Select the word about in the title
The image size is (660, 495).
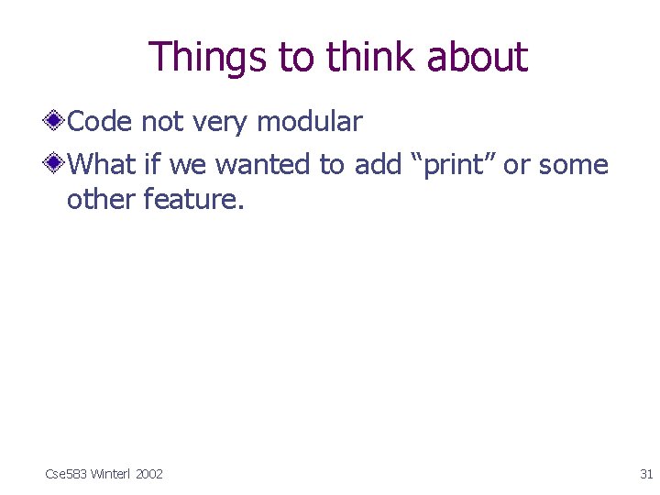tap(478, 57)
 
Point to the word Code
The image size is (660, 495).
tap(101, 121)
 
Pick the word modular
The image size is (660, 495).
tap(309, 121)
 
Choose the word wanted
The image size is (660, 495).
tap(262, 165)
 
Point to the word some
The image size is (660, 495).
tap(574, 166)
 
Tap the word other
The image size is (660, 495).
tap(101, 199)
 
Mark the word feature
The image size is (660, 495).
tap(193, 199)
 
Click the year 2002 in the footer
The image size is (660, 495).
tap(148, 474)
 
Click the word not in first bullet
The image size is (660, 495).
tap(161, 122)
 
